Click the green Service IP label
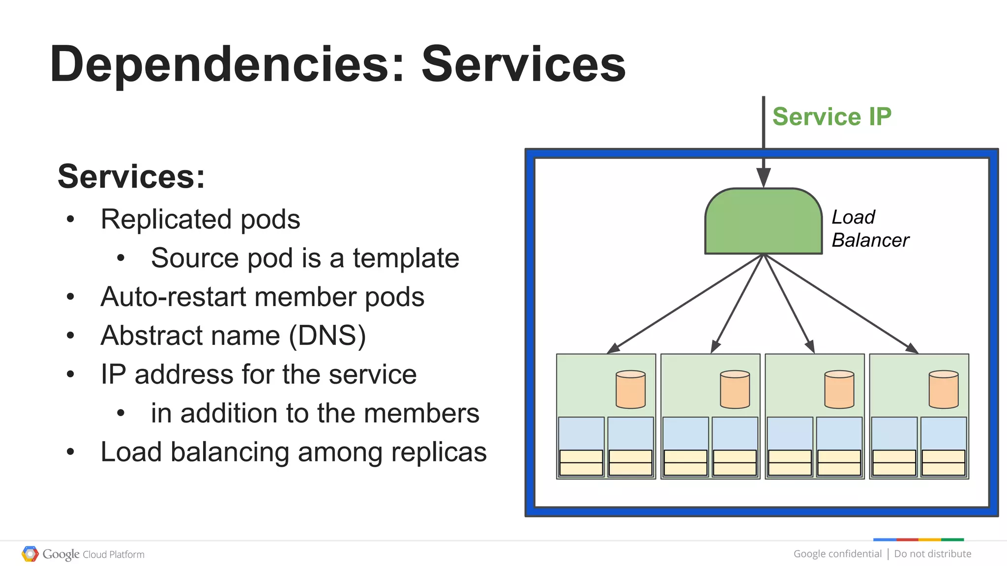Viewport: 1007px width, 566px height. [x=831, y=117]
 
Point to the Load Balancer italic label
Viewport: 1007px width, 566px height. [x=869, y=228]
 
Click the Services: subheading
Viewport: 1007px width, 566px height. [x=131, y=176]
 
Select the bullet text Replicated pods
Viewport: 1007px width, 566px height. [x=200, y=219]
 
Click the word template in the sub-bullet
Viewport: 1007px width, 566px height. [x=406, y=258]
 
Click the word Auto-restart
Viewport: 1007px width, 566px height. [x=173, y=297]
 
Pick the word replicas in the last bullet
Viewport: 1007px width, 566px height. [x=439, y=452]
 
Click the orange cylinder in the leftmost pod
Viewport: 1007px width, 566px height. [x=630, y=390]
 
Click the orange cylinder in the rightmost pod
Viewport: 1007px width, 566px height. [x=943, y=390]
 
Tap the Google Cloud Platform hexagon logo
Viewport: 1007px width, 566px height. [x=30, y=554]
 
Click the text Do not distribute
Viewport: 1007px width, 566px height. [x=932, y=554]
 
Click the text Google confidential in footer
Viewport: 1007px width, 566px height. [x=837, y=554]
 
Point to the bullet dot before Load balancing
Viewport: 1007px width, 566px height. [x=70, y=452]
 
